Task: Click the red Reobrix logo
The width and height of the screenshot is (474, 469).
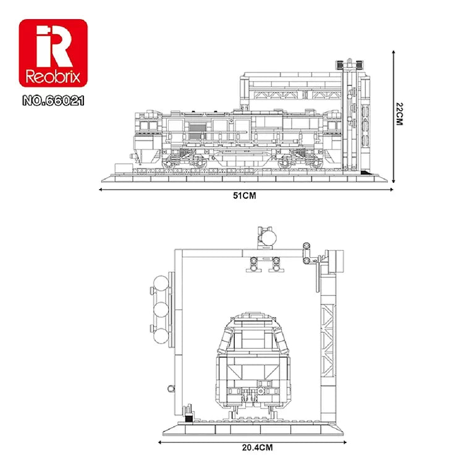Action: (53, 54)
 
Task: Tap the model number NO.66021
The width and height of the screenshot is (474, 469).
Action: (53, 99)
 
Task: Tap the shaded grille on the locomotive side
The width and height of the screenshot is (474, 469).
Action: (196, 132)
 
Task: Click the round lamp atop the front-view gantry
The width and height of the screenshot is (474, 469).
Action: (268, 237)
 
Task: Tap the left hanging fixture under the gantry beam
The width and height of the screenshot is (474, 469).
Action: (253, 264)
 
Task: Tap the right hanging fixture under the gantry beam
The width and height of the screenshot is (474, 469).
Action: (276, 264)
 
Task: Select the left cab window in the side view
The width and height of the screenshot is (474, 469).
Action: (149, 125)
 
